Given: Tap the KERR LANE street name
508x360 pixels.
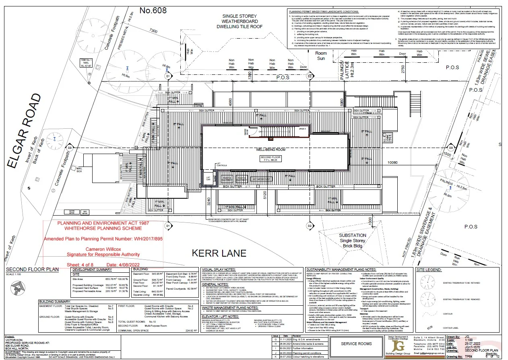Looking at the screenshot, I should tap(219, 253).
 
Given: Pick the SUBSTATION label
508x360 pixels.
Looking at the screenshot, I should tap(352, 235).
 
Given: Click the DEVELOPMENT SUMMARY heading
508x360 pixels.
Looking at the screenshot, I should tap(93, 269).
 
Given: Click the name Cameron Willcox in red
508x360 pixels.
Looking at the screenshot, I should tap(103, 249).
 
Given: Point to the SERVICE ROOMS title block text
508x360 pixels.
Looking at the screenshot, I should tap(356, 344).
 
